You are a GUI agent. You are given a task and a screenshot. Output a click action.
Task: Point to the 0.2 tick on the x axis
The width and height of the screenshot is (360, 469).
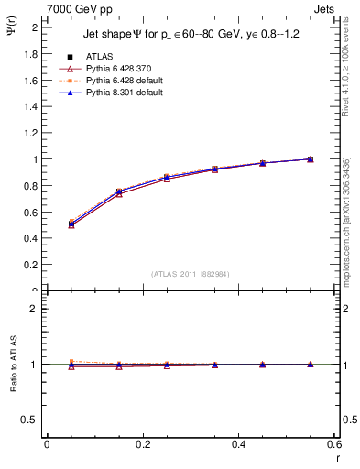pos(142,444)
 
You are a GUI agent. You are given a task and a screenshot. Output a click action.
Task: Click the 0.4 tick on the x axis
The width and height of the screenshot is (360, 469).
pos(238,444)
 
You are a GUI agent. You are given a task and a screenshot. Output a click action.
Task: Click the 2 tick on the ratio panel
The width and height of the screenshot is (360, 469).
pos(36,309)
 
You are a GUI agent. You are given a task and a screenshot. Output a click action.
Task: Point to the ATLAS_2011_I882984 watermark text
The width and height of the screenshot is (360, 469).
pos(191,274)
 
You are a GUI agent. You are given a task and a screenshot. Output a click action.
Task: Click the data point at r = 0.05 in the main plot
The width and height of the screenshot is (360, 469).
pos(71,224)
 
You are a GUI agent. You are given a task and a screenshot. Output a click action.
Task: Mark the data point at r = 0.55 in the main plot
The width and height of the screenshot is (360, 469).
pos(311,159)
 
